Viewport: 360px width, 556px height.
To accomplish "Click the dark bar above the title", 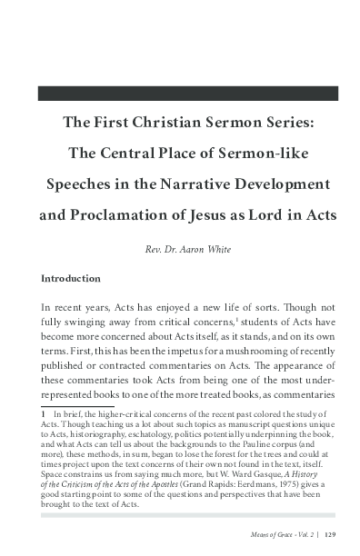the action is (187, 93).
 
